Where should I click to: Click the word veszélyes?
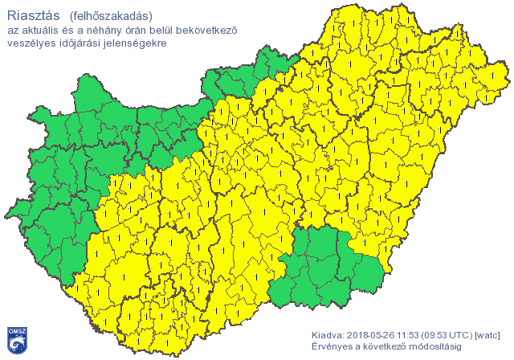click(x=30, y=43)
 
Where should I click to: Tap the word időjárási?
click(x=78, y=43)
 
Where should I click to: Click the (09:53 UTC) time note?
click(x=451, y=334)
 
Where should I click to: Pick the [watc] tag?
click(x=488, y=334)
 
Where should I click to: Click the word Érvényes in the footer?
click(x=331, y=346)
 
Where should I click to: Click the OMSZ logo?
click(x=18, y=340)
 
